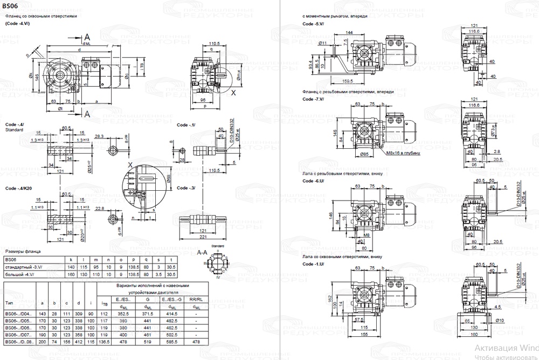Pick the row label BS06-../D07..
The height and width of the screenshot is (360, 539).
pos(19,335)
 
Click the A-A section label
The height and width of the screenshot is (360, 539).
pos(203,252)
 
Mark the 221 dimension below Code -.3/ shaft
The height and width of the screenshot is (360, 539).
pos(203,237)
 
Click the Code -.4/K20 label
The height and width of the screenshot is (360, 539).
pos(18,188)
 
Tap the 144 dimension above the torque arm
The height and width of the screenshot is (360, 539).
pos(349,33)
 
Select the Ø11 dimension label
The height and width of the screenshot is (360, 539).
pos(323,43)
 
